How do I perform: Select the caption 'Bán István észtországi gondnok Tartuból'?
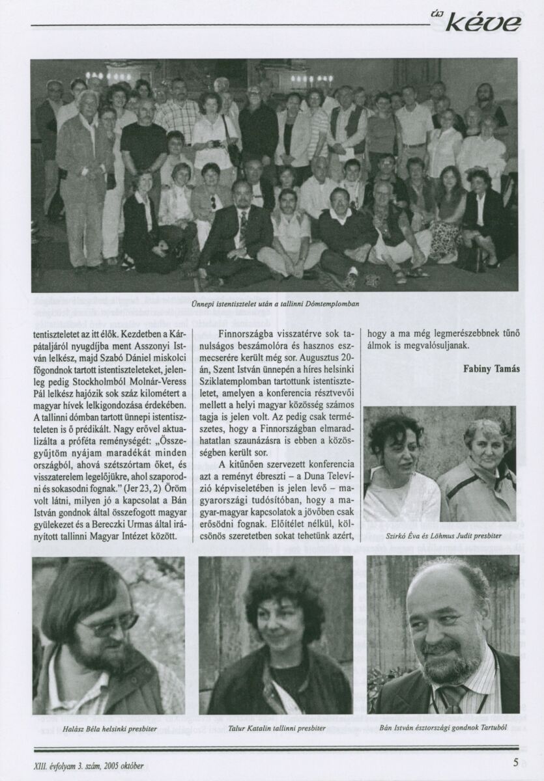(x=444, y=729)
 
